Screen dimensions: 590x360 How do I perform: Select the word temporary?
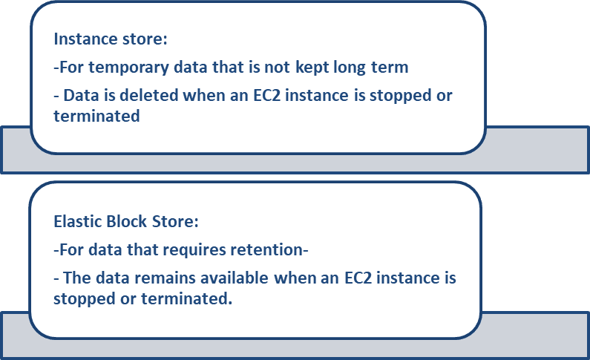(x=128, y=68)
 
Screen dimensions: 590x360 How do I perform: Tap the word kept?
(x=312, y=68)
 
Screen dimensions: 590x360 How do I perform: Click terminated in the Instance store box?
(x=96, y=116)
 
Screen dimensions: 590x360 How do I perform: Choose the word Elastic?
(x=78, y=221)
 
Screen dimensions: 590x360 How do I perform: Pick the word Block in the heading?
(x=127, y=221)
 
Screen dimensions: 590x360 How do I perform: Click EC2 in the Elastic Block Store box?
(x=358, y=278)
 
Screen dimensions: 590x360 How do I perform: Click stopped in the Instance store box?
(x=400, y=96)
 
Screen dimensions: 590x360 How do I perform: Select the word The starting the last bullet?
(x=77, y=278)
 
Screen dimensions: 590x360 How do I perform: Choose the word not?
(x=278, y=68)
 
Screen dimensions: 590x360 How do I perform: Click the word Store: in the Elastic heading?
(x=175, y=221)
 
